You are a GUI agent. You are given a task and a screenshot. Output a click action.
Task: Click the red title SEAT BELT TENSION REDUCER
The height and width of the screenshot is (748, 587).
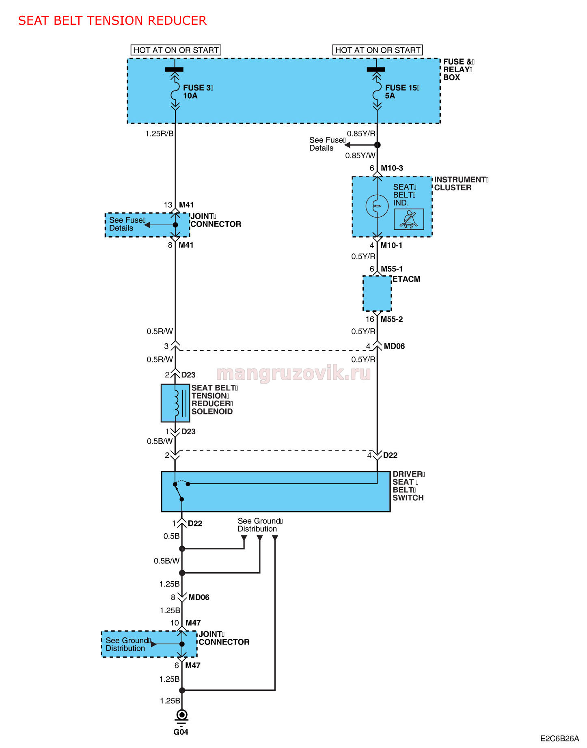(x=112, y=21)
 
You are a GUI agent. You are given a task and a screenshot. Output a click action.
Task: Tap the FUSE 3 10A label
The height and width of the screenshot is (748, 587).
(x=198, y=92)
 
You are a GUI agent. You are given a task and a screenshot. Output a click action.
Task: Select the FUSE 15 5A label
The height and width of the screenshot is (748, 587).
(x=402, y=92)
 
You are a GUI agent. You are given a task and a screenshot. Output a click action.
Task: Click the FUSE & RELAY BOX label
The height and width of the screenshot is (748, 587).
(x=458, y=69)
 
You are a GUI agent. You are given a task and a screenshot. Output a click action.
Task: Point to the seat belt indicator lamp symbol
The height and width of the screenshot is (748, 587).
(x=377, y=206)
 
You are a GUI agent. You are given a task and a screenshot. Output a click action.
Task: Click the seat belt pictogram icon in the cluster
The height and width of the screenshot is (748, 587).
(x=409, y=219)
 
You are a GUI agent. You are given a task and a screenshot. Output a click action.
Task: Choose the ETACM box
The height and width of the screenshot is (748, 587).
(x=377, y=293)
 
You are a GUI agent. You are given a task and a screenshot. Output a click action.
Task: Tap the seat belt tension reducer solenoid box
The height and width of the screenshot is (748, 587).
(x=175, y=403)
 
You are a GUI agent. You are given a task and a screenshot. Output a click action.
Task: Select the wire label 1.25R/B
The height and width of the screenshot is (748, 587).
(x=160, y=134)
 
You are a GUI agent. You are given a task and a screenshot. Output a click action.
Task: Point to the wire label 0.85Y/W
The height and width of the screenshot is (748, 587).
(x=360, y=155)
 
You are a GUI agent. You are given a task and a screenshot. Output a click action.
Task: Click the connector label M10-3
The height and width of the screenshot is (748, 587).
(x=392, y=168)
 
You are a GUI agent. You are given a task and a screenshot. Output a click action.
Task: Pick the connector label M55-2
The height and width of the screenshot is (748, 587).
(x=391, y=319)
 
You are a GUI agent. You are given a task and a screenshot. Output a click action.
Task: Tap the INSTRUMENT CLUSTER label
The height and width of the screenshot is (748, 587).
(x=461, y=183)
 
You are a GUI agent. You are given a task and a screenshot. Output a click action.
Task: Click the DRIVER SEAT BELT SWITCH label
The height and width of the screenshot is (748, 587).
(x=408, y=486)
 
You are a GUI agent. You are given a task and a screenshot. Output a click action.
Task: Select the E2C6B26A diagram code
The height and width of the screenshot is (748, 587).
(x=559, y=739)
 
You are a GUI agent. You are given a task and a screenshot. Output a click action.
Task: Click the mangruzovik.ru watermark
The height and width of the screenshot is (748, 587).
(x=293, y=373)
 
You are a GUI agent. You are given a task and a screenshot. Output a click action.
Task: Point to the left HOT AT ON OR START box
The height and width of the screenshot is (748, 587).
(x=176, y=50)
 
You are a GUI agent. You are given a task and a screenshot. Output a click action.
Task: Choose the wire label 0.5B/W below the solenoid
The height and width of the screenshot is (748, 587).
(x=160, y=441)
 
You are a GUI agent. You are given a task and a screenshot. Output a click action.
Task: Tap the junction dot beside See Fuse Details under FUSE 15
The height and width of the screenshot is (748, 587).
(x=377, y=145)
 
